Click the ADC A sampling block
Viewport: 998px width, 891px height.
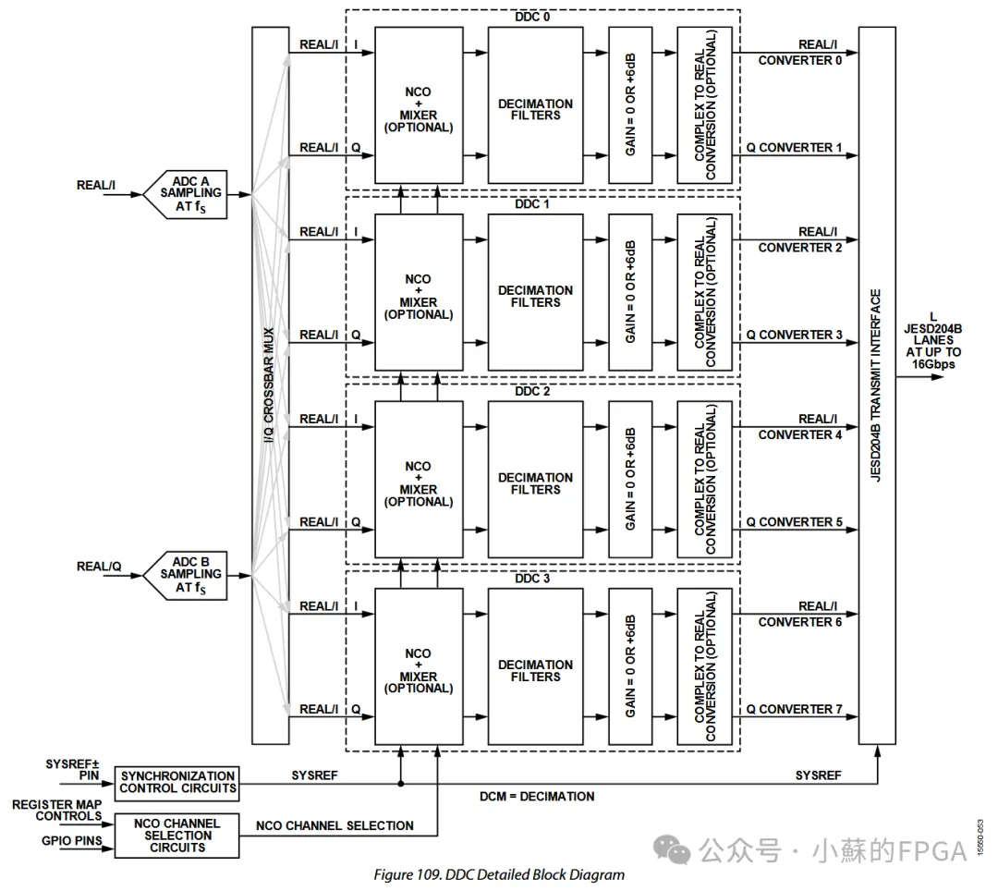click(186, 194)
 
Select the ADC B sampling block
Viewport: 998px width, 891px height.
click(186, 575)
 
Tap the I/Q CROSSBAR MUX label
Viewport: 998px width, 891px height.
click(269, 385)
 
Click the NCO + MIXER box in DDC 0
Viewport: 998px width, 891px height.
click(419, 105)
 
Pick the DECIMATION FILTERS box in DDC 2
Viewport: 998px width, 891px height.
click(535, 479)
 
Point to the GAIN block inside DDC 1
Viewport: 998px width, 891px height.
click(630, 292)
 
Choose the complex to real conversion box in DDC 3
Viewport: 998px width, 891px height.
click(704, 666)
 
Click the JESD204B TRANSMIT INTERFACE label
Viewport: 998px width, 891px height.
click(876, 385)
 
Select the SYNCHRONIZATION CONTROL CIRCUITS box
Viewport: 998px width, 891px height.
click(176, 783)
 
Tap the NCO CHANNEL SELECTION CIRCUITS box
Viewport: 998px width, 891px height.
click(176, 836)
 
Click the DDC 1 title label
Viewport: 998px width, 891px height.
click(532, 204)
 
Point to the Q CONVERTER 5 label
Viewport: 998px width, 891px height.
click(794, 522)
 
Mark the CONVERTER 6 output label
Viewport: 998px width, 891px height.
click(799, 622)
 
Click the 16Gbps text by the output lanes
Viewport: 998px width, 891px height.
click(933, 364)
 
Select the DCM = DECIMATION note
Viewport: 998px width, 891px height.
click(537, 796)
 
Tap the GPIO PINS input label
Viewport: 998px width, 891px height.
click(71, 841)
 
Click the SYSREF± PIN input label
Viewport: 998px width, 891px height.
click(72, 769)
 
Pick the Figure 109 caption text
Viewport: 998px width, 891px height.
click(499, 874)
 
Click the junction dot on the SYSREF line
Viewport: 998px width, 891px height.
click(401, 784)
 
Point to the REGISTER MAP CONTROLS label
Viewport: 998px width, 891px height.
click(56, 811)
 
